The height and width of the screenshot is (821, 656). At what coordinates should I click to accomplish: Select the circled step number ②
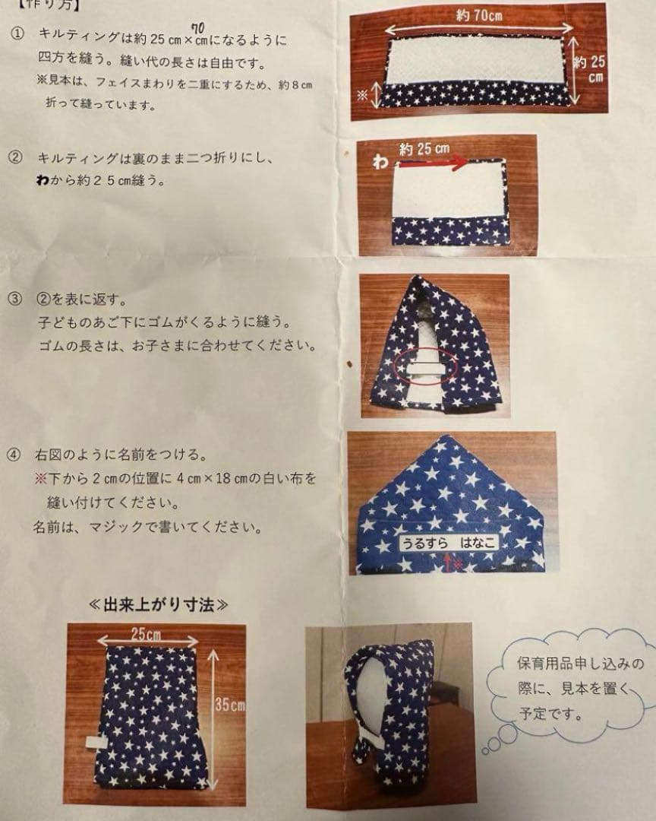[x=16, y=159]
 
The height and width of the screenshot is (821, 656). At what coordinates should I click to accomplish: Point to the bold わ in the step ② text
[x=43, y=182]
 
